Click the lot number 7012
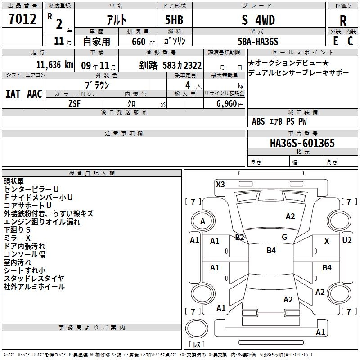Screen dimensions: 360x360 22,19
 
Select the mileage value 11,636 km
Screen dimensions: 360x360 54,65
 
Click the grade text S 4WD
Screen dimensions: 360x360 258,20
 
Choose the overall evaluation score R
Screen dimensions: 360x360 343,21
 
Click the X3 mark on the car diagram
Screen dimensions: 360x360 220,184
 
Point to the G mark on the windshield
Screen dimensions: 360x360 284,237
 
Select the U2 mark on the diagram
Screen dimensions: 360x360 347,240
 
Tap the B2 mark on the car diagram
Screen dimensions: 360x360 239,238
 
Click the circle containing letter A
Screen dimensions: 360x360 202,221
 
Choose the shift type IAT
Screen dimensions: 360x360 12,94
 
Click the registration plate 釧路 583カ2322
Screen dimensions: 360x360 170,65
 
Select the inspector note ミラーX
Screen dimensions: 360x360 17,238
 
